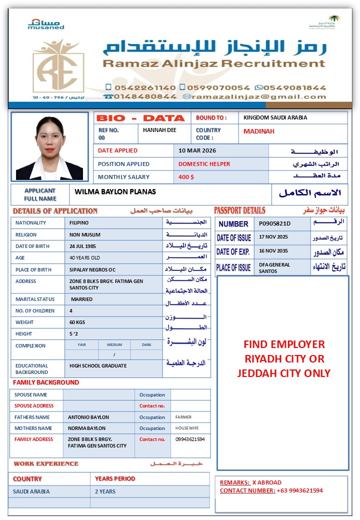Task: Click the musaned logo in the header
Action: click(x=45, y=24)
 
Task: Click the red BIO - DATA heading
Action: click(x=140, y=118)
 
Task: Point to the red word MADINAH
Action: click(x=259, y=131)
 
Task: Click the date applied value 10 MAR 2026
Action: click(x=197, y=150)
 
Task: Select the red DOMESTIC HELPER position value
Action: click(x=204, y=164)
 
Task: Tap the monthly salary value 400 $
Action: click(x=186, y=177)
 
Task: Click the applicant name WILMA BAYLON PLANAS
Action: click(x=115, y=192)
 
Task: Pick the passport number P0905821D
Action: click(x=274, y=223)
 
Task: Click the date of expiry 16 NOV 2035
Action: click(x=273, y=251)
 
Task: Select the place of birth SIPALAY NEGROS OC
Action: click(x=92, y=269)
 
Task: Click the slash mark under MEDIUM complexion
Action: click(x=114, y=354)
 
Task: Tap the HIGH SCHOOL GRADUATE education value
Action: click(x=98, y=366)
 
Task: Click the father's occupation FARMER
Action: click(x=183, y=417)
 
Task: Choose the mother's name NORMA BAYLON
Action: click(x=87, y=428)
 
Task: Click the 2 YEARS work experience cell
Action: click(x=105, y=491)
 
